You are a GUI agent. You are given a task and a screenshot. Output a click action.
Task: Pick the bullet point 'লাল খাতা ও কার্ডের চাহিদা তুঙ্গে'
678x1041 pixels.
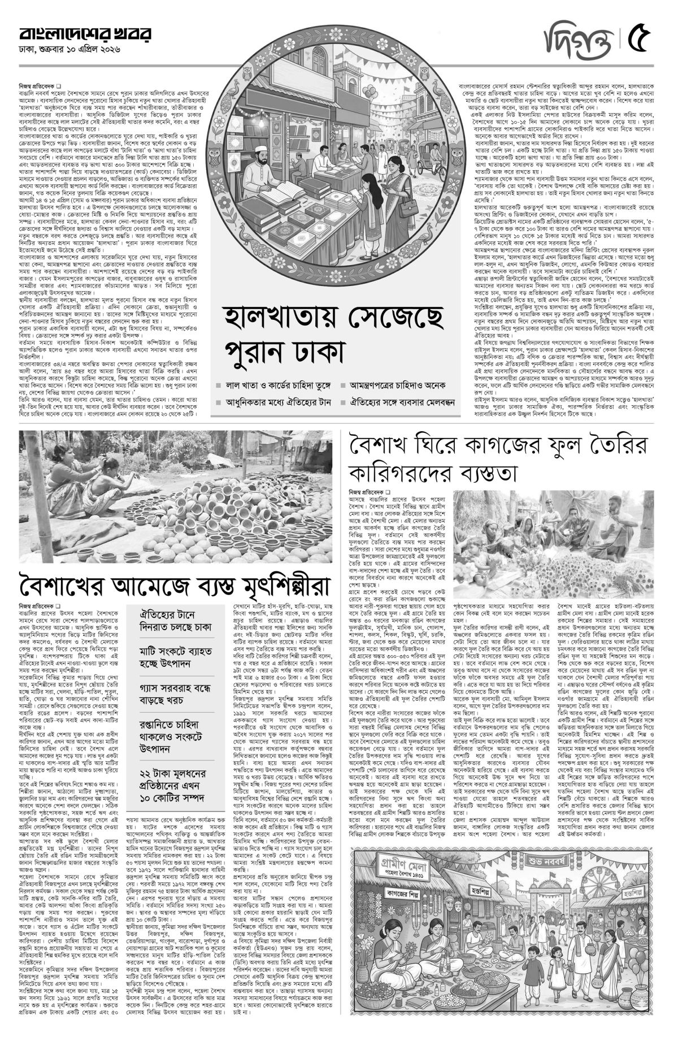pos(275,385)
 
